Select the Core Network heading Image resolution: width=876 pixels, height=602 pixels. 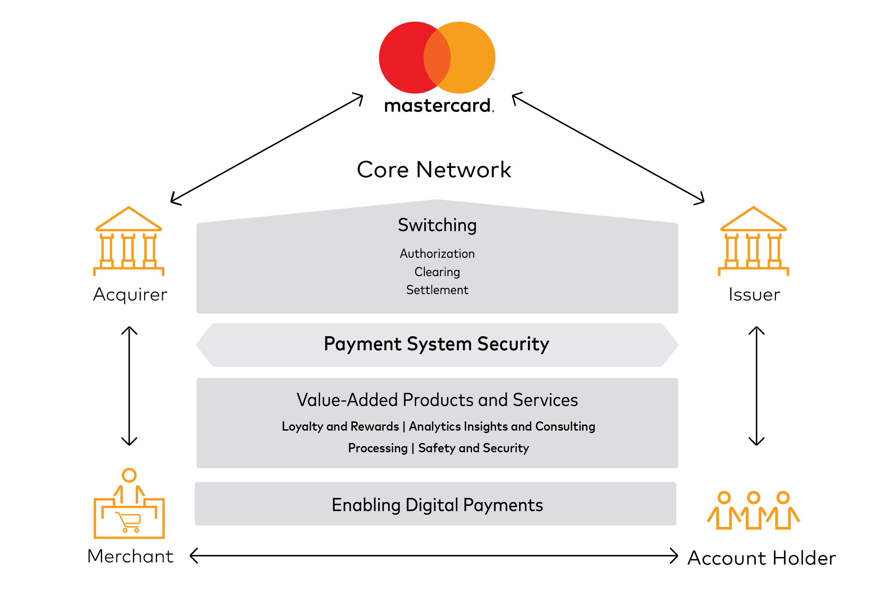tap(434, 169)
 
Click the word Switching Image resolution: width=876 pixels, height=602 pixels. tap(437, 225)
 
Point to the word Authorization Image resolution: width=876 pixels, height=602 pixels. tap(437, 253)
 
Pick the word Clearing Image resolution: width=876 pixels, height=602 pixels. tap(437, 272)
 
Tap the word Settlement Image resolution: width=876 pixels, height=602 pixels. tap(437, 290)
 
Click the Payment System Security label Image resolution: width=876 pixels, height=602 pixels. tap(436, 344)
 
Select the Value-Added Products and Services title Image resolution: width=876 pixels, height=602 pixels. tap(437, 400)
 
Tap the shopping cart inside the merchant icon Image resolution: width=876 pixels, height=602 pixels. tap(130, 522)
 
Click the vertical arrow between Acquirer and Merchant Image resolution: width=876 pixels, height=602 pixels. tap(130, 386)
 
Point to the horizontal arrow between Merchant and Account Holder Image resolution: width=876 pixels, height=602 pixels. tap(434, 556)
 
